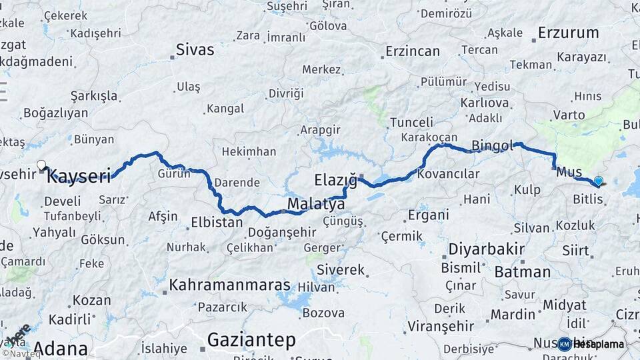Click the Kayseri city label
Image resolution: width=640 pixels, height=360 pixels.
[x=79, y=177]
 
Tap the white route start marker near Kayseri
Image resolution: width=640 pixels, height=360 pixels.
[x=41, y=165]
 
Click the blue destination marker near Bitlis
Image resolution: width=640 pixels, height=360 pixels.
[x=598, y=181]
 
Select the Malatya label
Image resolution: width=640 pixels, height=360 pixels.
[x=316, y=203]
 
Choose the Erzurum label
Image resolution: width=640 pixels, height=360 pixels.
[x=568, y=33]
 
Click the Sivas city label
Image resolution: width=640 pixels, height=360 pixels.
[x=195, y=49]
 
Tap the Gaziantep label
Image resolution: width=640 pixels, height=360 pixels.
[x=251, y=340]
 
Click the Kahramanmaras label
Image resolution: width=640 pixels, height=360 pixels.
[x=230, y=285]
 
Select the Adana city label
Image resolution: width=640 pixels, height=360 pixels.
[x=61, y=348]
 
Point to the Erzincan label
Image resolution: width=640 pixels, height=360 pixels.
[x=413, y=51]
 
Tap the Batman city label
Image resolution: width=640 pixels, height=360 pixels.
[x=523, y=272]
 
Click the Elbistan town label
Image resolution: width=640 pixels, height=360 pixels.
[x=217, y=223]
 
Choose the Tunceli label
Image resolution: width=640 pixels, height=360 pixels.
[x=411, y=123]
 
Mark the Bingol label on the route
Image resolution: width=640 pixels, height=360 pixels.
[x=492, y=145]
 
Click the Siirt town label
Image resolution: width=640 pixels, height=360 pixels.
[x=576, y=251]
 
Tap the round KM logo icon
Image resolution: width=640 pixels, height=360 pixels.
[x=564, y=344]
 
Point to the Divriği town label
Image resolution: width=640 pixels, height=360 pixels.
[x=286, y=93]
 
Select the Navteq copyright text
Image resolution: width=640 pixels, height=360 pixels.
[x=21, y=354]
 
